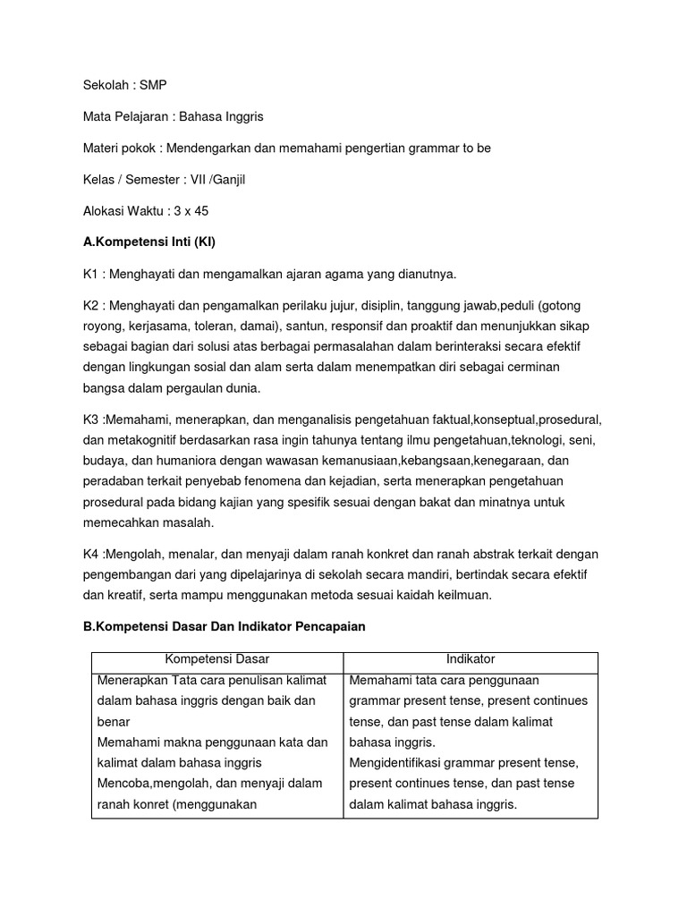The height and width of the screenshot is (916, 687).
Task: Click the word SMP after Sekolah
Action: [x=153, y=85]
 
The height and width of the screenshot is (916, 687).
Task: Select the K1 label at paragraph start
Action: [x=89, y=273]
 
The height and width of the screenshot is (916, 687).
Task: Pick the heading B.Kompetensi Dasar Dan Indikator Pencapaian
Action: [x=224, y=627]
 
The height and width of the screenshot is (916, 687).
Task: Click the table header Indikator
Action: [x=471, y=659]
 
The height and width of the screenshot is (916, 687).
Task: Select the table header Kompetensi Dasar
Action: [x=217, y=659]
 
